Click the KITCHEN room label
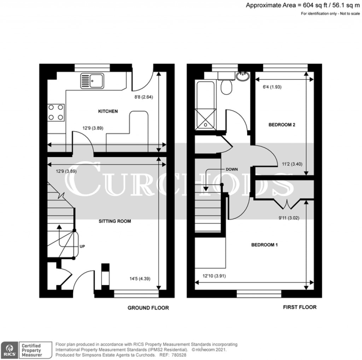pos(108,111)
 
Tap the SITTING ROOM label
pos(115,221)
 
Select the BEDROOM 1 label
pos(264,245)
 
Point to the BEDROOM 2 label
pos(282,125)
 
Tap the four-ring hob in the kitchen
pos(56,112)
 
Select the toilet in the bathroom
pos(226,86)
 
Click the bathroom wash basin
pos(243,76)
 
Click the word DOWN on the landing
pos(232,169)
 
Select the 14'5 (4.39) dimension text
pos(140,278)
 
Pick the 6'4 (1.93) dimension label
pos(269,87)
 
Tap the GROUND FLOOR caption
pos(148,308)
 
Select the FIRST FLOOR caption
pos(300,307)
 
